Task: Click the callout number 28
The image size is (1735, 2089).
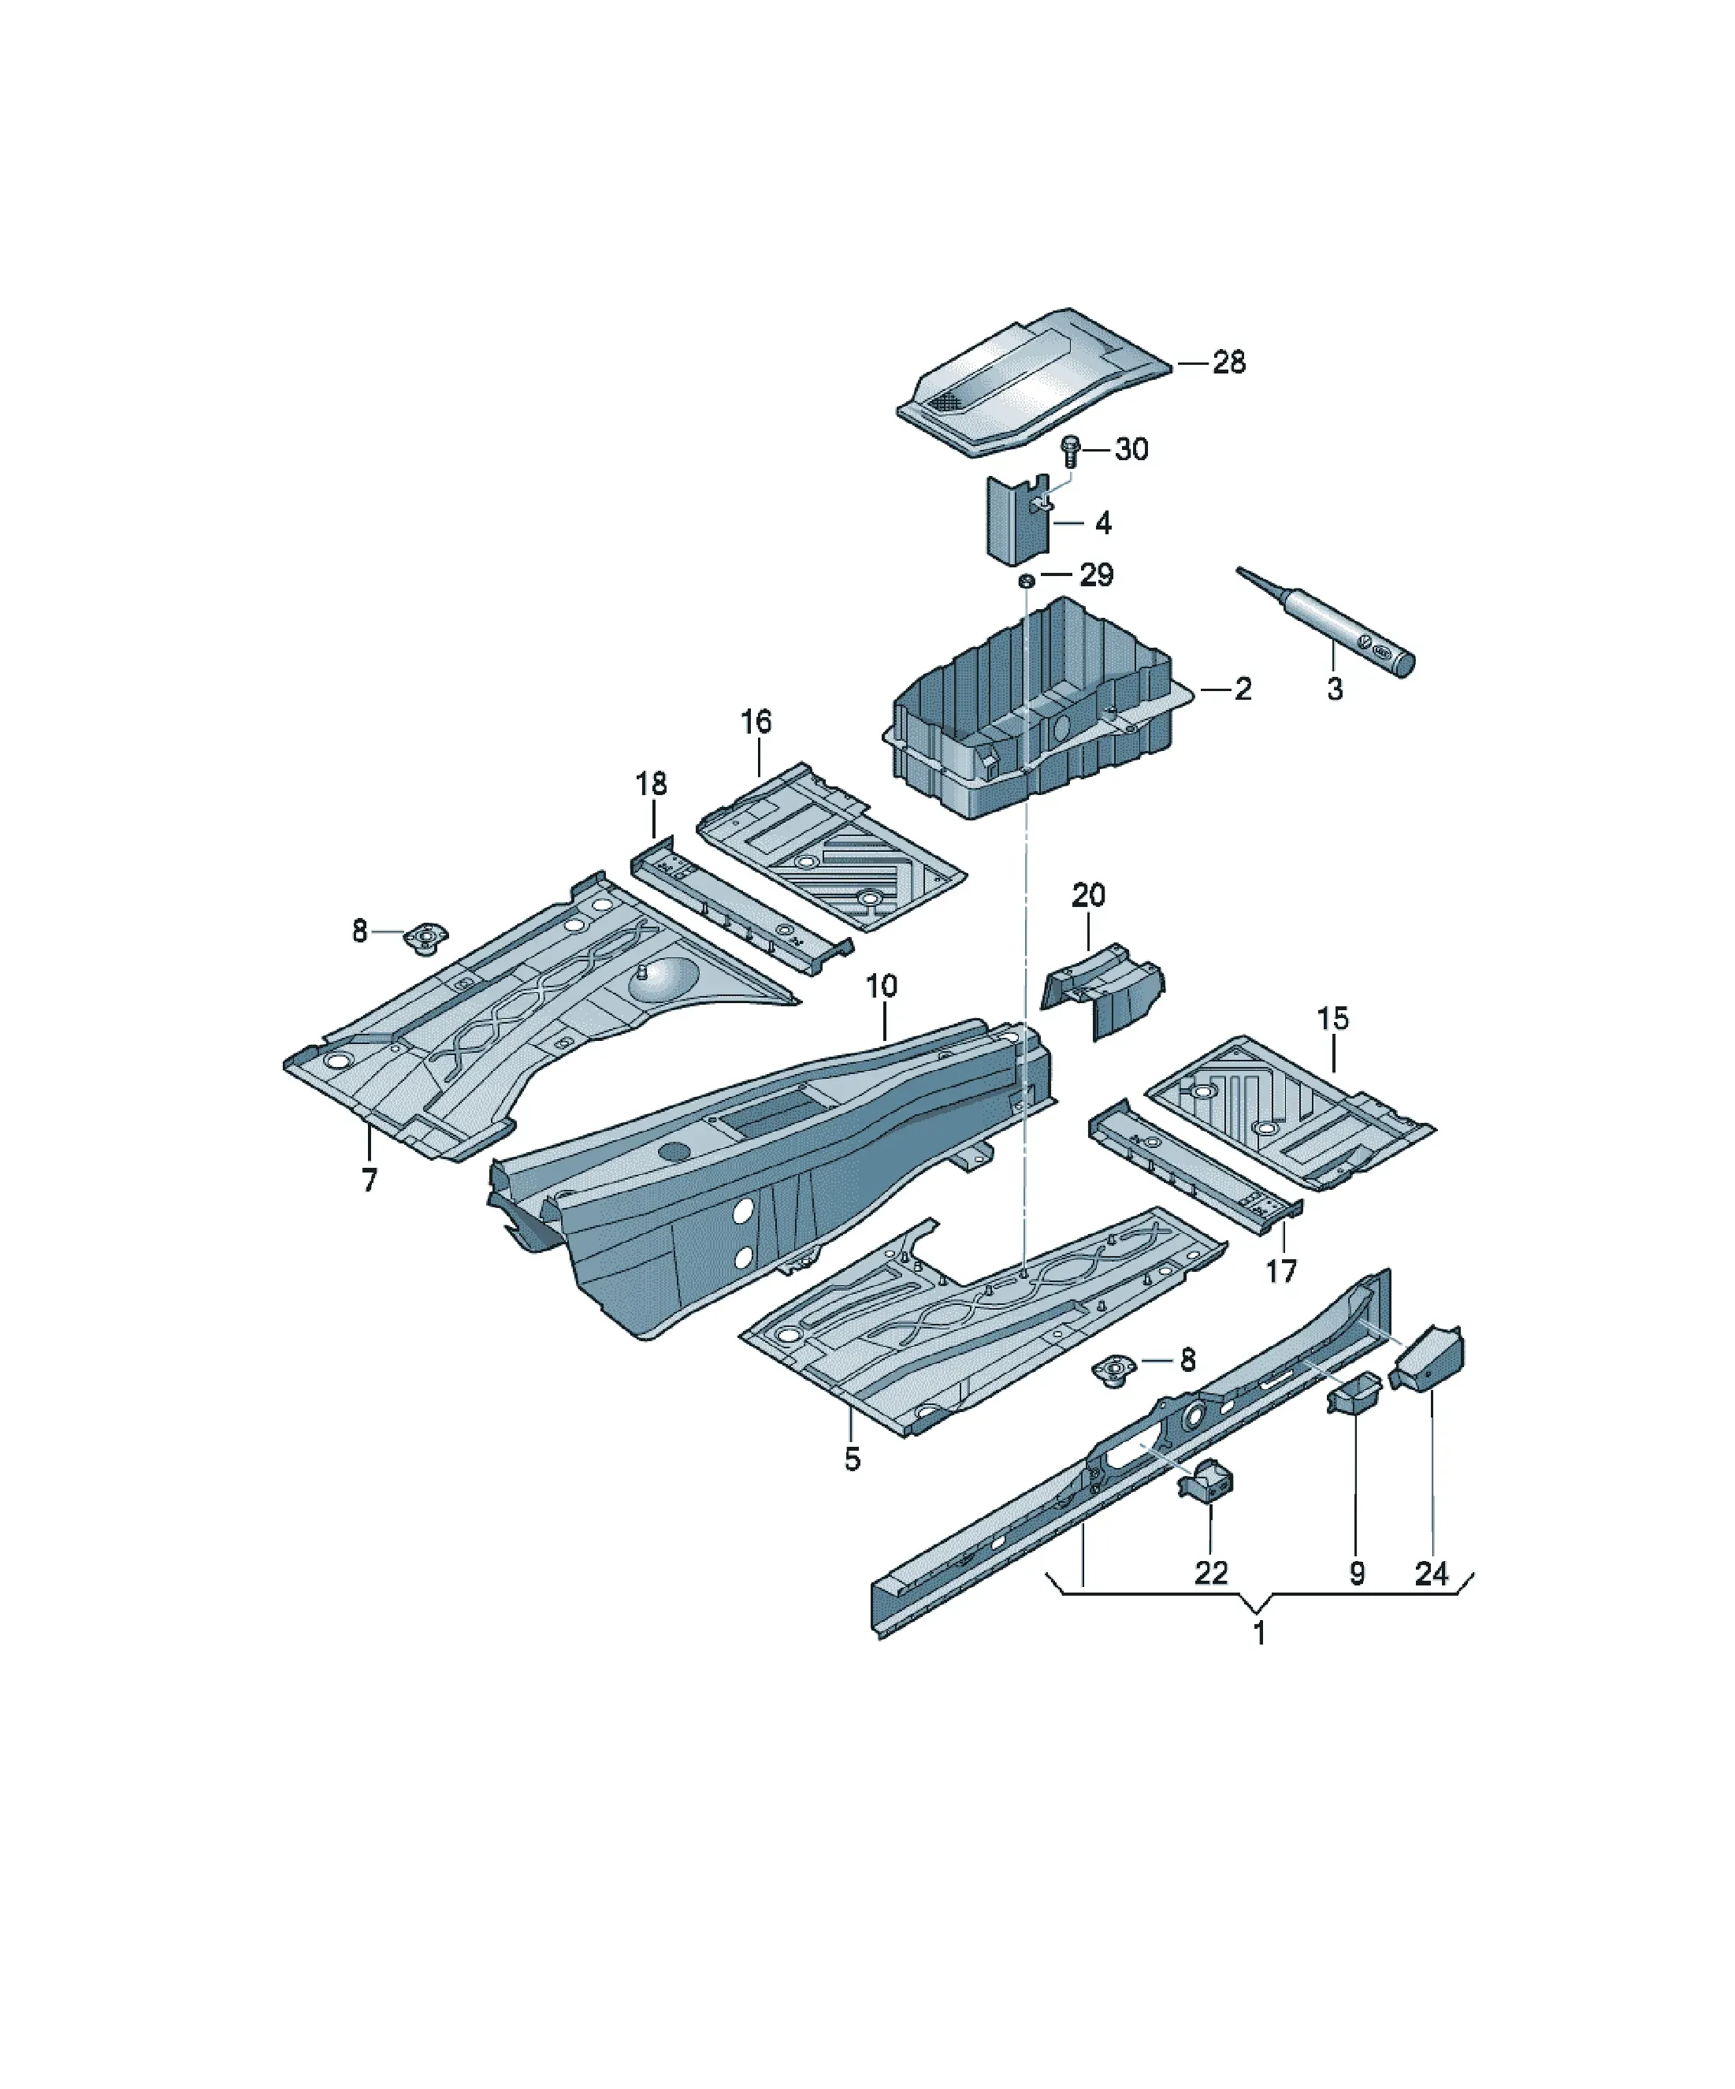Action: coord(1228,362)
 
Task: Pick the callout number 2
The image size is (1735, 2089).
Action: coord(1243,689)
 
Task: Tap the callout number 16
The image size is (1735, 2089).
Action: coord(756,721)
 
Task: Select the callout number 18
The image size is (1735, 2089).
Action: coord(652,784)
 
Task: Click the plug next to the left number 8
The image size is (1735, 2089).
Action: coord(425,937)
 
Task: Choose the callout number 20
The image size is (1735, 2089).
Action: coord(1088,894)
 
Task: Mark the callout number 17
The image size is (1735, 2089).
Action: coord(1281,1270)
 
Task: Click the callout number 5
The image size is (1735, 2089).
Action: coord(853,1459)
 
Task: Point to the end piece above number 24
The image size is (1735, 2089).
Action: coord(1428,1358)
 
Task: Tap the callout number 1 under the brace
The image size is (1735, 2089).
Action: coord(1259,1633)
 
